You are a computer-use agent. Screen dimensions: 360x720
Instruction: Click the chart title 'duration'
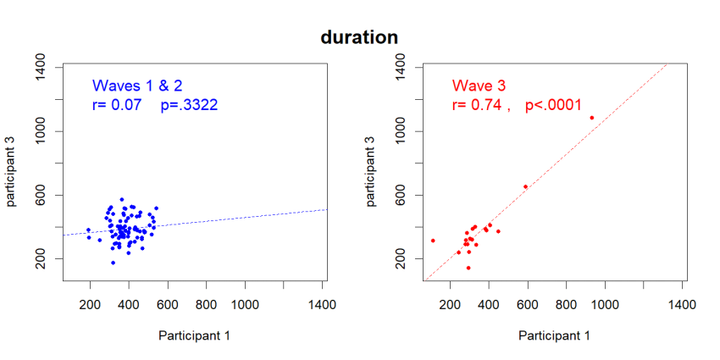pyautogui.click(x=359, y=37)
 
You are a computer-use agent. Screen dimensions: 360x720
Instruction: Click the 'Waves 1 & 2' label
pyautogui.click(x=137, y=86)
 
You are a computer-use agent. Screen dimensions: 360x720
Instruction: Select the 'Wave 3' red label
pyautogui.click(x=479, y=86)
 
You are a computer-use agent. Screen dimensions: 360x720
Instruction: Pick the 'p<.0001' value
pyautogui.click(x=553, y=105)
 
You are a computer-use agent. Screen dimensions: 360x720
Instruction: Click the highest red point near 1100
pyautogui.click(x=591, y=118)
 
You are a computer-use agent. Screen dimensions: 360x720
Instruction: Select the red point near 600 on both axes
pyautogui.click(x=525, y=186)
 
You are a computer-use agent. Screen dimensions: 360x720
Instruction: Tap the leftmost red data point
pyautogui.click(x=433, y=241)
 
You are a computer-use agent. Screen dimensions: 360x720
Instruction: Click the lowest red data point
pyautogui.click(x=468, y=268)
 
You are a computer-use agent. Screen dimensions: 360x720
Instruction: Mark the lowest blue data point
pyautogui.click(x=113, y=263)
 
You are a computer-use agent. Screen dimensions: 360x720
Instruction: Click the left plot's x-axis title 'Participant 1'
pyautogui.click(x=194, y=335)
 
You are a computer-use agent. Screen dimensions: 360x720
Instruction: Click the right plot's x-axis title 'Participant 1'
pyautogui.click(x=554, y=335)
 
